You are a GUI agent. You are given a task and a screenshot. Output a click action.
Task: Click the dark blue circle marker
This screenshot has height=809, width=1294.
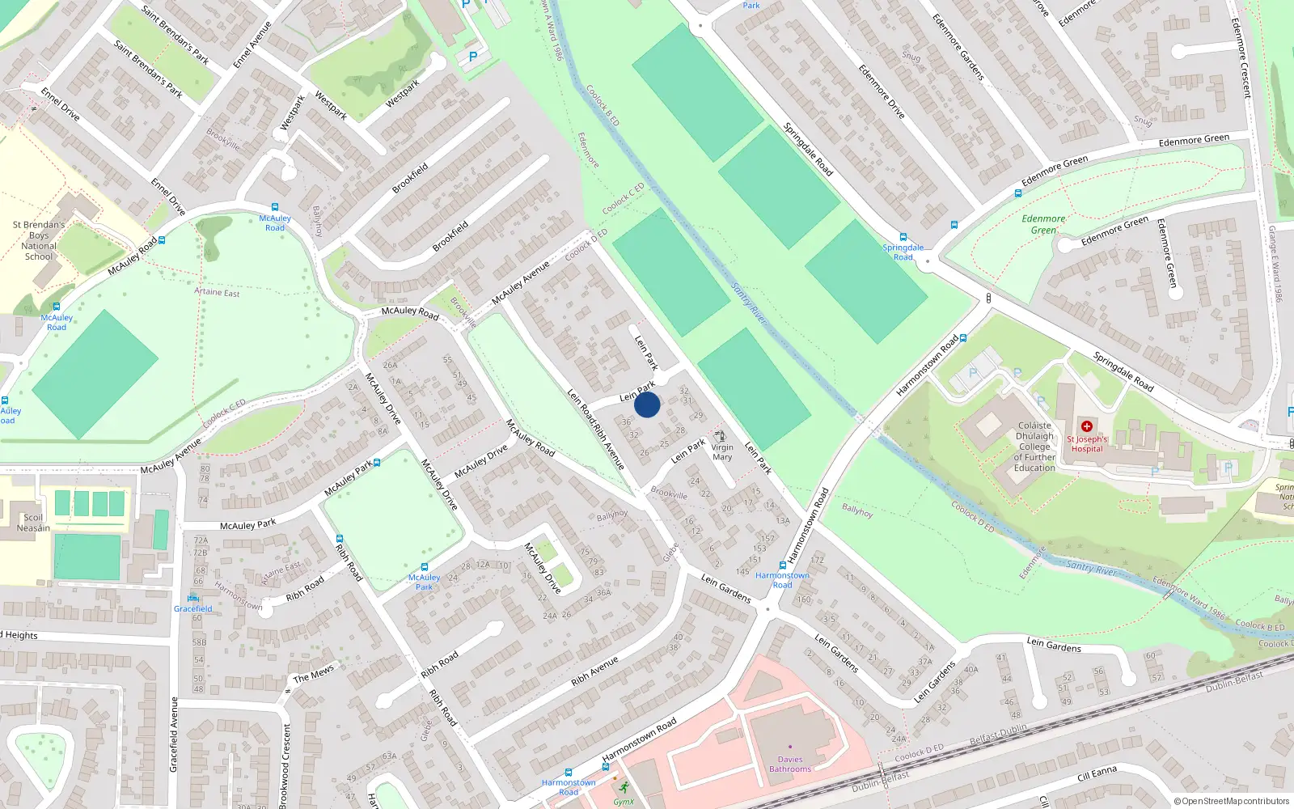(647, 404)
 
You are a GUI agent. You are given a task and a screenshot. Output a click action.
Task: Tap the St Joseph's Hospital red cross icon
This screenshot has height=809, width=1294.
(1087, 426)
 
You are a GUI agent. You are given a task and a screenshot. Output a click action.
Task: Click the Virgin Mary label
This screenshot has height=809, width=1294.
(722, 452)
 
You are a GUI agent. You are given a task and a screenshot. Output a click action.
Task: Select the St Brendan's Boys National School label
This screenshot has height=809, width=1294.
(39, 240)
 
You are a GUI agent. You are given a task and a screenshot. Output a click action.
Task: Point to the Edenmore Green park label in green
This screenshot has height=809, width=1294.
(1043, 224)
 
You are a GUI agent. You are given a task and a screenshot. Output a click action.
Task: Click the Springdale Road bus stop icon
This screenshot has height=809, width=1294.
(903, 238)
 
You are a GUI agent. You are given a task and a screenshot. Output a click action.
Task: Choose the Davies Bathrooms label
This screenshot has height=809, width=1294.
(790, 765)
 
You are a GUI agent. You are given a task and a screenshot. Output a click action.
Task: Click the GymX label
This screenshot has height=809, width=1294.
(624, 802)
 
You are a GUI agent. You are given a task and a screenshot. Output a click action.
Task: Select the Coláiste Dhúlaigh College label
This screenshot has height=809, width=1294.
(1034, 447)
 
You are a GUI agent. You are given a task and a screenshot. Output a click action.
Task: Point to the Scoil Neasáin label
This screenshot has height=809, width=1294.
(33, 523)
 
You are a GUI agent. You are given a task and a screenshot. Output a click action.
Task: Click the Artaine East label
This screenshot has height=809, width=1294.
(217, 292)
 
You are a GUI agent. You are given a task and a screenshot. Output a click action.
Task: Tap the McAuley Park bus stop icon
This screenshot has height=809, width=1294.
(425, 567)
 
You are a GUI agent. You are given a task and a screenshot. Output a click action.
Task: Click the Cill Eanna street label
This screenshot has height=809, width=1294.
(1097, 774)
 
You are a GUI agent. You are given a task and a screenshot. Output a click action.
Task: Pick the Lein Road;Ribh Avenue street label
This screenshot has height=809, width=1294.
(596, 429)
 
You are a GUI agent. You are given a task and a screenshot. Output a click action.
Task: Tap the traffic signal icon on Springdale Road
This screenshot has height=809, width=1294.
(988, 299)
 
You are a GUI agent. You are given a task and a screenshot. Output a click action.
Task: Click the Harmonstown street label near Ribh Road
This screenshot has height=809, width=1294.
(239, 597)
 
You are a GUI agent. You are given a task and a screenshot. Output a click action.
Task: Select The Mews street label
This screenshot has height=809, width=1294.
(313, 674)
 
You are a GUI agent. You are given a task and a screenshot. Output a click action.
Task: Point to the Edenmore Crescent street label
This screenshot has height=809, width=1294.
(1241, 58)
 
